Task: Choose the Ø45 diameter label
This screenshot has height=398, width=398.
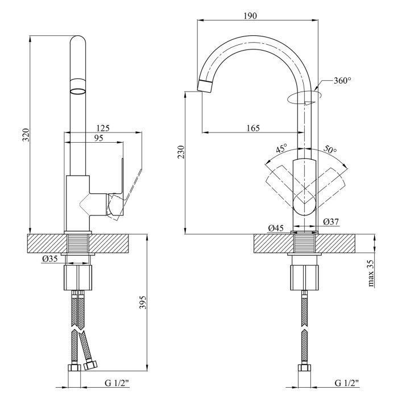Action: (276, 229)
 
